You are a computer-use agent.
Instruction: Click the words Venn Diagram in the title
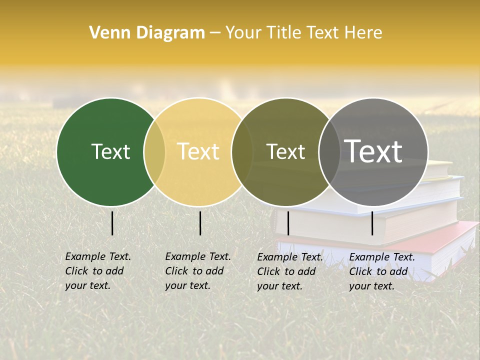147,33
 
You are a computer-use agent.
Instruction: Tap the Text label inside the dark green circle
110,151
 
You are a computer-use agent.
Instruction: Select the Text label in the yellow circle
198,151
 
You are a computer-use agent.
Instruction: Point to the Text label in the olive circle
285,151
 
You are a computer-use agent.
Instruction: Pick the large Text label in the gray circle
373,151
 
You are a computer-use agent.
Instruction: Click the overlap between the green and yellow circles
154,152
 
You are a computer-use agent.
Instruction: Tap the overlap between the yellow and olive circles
242,152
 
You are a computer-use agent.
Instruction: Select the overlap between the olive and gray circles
329,152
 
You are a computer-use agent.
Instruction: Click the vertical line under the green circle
112,223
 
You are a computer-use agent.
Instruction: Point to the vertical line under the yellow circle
200,223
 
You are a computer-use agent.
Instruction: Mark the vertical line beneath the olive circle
288,223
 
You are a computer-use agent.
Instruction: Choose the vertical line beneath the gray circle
372,223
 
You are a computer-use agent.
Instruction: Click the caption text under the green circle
98,271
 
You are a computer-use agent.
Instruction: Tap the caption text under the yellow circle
198,271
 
